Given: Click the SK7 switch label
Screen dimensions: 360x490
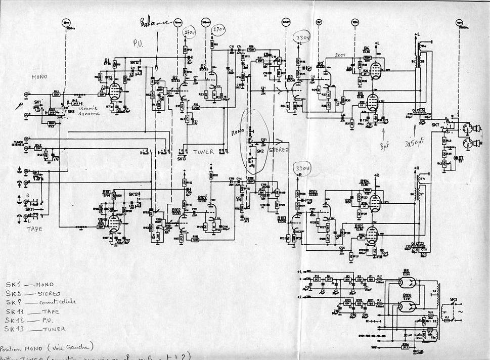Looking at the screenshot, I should coord(435,124).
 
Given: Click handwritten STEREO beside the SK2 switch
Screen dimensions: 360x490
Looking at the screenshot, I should coord(278,150).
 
